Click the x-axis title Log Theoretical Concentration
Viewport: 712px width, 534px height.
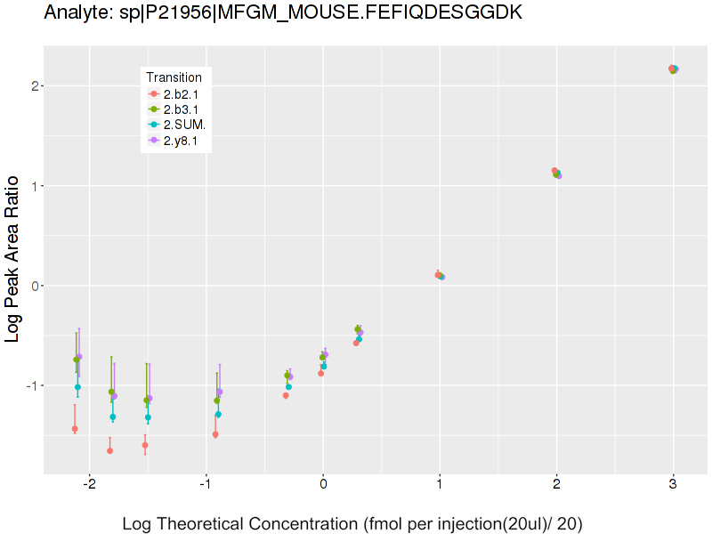[352, 523]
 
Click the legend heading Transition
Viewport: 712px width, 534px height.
[174, 77]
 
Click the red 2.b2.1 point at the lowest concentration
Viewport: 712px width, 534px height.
[75, 429]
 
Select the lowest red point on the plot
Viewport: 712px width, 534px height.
[109, 450]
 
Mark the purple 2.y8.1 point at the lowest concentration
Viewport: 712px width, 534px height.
[79, 357]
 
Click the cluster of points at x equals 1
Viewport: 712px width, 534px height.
[440, 276]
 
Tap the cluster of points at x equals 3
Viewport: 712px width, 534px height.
[673, 69]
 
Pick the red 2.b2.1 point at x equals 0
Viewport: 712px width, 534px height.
[320, 373]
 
